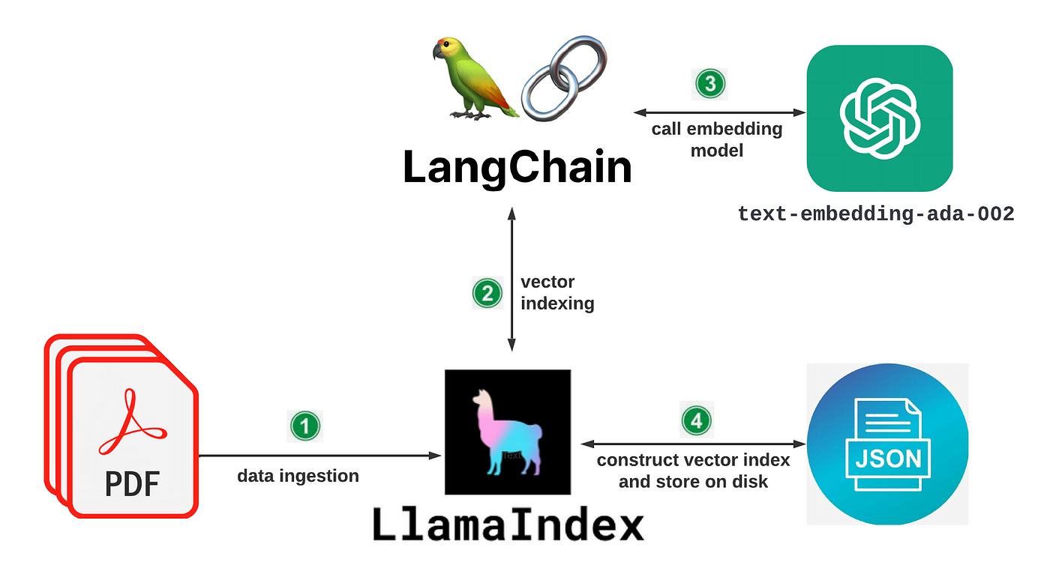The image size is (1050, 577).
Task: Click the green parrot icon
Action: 472,79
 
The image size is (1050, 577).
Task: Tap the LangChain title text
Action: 517,168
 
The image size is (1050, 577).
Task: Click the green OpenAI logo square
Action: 880,118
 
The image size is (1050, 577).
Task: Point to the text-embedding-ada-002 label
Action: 876,214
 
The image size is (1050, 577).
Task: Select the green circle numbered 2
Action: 487,293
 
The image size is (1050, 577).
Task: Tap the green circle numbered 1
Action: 304,426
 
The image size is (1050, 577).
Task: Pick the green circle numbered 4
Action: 697,420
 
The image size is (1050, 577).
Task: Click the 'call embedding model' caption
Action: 717,139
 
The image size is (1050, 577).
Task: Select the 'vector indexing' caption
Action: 557,293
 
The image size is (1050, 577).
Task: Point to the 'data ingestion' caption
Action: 298,476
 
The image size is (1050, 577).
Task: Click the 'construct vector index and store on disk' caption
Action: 693,471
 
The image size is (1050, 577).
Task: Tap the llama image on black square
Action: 508,432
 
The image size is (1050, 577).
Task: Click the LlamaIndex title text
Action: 508,525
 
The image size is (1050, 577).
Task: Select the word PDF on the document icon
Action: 132,483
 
